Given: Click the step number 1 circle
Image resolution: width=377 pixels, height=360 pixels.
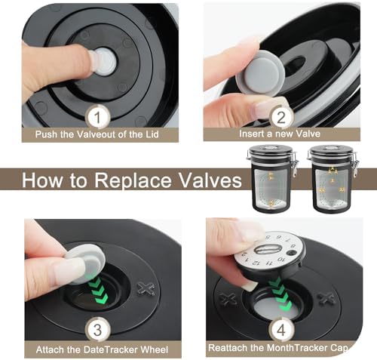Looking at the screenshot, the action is (97, 117).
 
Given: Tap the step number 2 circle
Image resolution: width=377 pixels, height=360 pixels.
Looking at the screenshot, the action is (281, 117).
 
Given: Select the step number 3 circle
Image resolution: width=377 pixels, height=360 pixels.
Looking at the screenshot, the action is (98, 330).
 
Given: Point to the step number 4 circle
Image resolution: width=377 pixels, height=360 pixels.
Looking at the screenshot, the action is (281, 330).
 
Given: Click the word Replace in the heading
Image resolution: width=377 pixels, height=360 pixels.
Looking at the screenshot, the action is (130, 181).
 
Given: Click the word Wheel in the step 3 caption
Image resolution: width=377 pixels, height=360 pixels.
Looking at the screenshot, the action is (154, 349).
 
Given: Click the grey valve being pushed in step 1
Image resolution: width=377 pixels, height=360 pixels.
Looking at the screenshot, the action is (104, 62).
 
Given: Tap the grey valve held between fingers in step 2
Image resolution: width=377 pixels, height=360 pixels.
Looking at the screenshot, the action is (260, 72).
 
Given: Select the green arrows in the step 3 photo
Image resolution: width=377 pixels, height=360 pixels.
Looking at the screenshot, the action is (97, 289).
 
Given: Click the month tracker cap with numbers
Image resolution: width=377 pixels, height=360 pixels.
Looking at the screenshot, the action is (270, 253).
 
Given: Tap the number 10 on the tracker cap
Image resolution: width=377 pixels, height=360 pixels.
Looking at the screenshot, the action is (282, 260).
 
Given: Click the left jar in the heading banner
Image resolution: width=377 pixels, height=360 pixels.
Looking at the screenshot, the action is (272, 178).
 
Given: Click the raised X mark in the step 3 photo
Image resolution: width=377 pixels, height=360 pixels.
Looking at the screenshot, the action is (146, 289).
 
